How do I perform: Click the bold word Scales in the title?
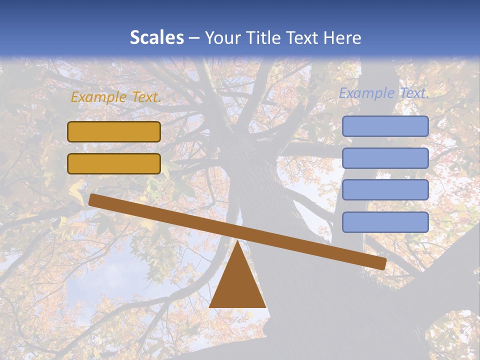tap(156, 37)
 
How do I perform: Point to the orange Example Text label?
tap(116, 97)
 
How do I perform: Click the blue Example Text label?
tap(384, 93)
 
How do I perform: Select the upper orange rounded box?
tap(114, 131)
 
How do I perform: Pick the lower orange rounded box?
tap(114, 163)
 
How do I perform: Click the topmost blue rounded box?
tap(385, 126)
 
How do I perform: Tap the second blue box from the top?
tap(385, 158)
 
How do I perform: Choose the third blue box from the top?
tap(385, 190)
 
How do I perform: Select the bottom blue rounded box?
tap(385, 222)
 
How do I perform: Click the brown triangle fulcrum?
tap(237, 285)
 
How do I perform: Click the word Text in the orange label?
tap(145, 97)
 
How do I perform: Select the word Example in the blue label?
tap(366, 93)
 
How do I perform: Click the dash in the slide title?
tap(194, 38)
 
